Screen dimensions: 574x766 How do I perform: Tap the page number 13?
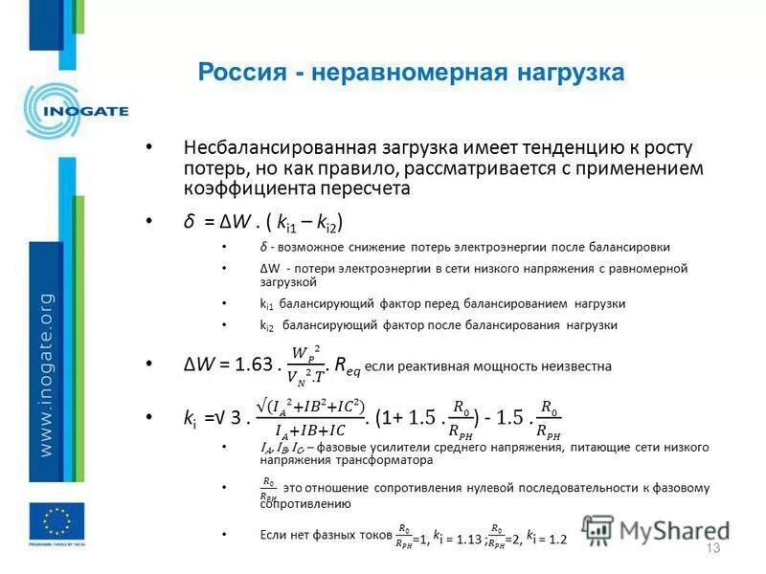click(711, 547)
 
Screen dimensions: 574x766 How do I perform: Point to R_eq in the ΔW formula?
click(348, 365)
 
